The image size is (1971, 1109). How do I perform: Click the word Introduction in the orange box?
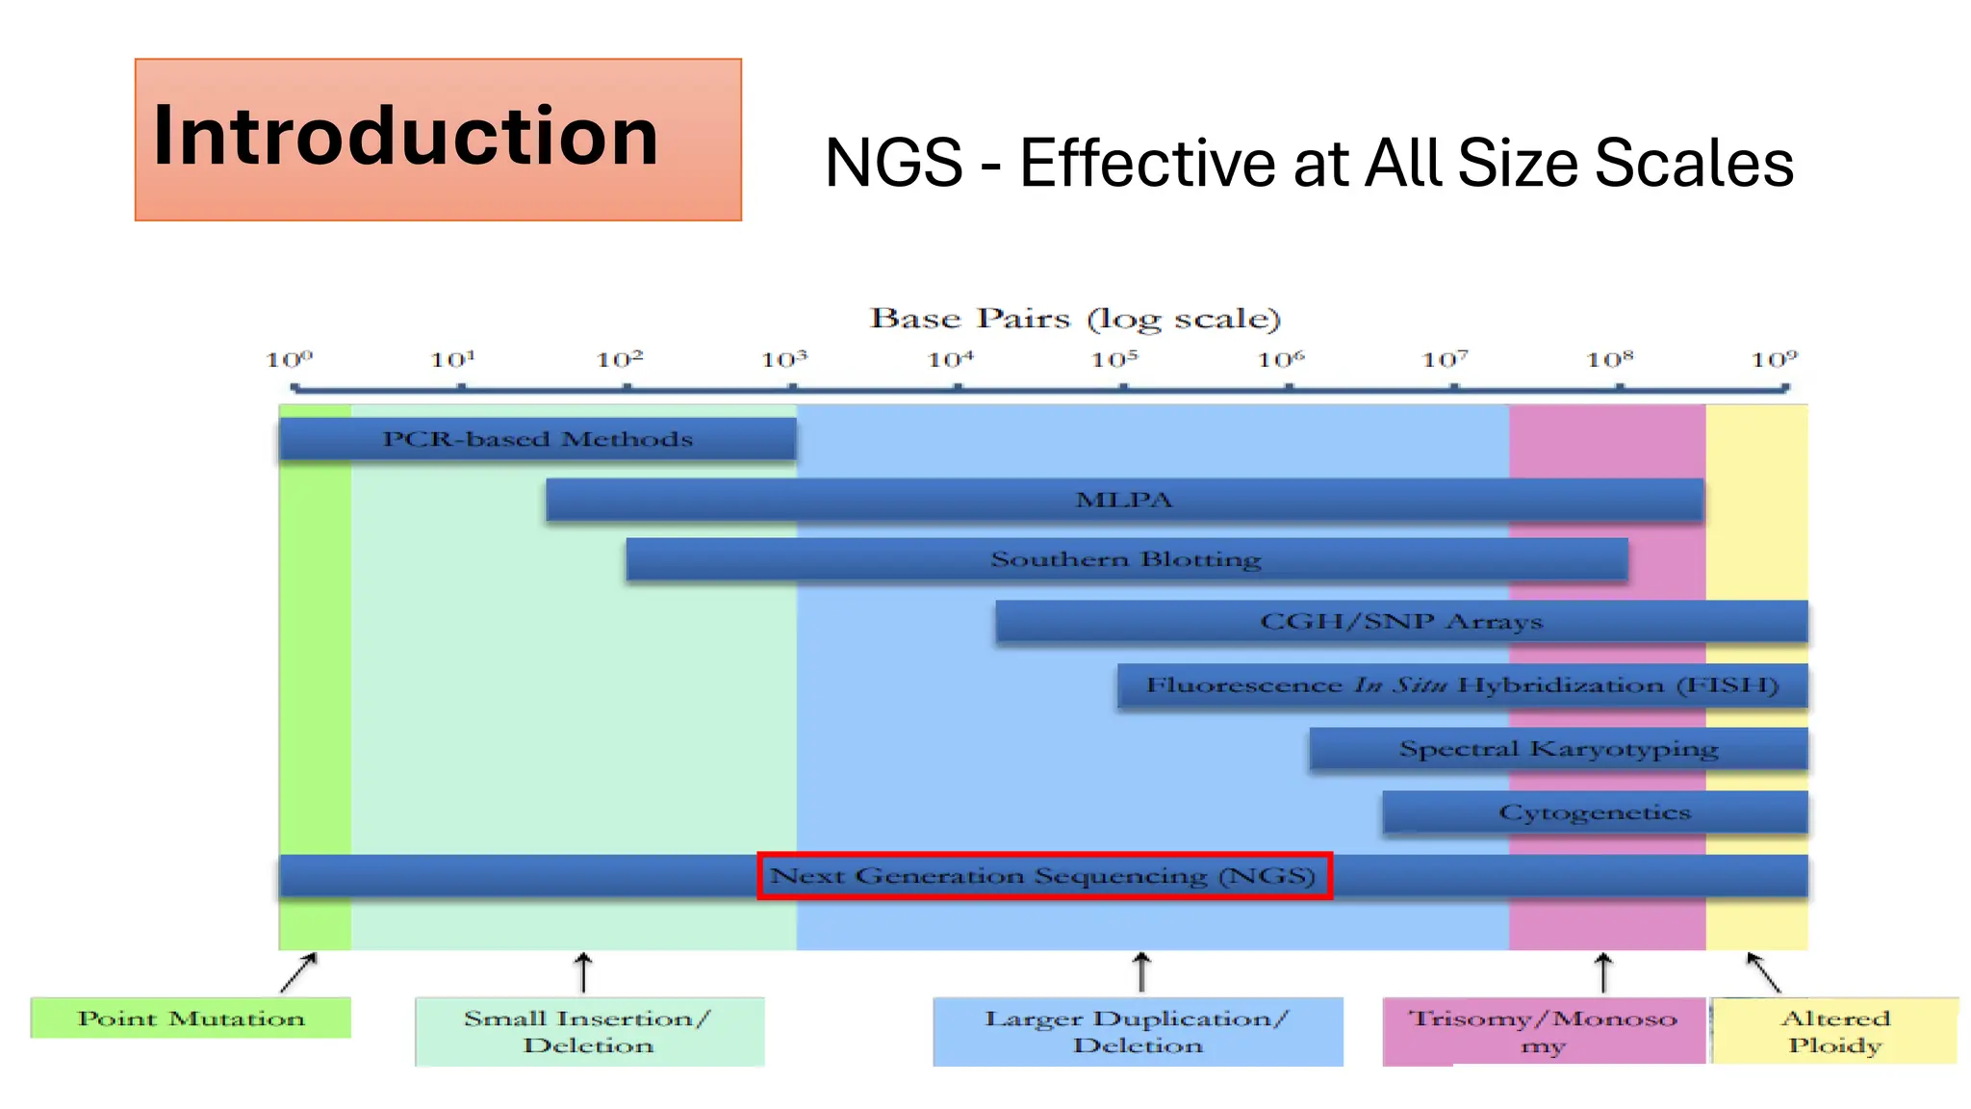point(405,136)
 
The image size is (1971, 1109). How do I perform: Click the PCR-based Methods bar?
point(537,439)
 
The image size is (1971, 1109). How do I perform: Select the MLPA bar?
point(1123,501)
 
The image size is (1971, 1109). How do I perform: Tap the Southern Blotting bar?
point(1126,559)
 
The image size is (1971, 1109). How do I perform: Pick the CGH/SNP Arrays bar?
point(1401,622)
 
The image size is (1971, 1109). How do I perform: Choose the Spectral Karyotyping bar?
point(1558,749)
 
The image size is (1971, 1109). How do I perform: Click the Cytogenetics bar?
point(1595,812)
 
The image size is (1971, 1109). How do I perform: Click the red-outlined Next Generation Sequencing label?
point(1044,876)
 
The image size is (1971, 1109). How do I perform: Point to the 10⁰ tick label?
point(289,360)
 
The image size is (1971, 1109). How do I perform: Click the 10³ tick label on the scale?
point(784,360)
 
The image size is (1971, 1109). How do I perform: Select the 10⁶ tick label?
point(1281,360)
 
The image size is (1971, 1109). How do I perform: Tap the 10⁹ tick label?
point(1774,360)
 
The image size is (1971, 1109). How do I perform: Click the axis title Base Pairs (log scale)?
point(1075,319)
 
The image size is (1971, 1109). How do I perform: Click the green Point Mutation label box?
point(191,1019)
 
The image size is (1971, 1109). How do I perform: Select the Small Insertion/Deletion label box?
point(589,1032)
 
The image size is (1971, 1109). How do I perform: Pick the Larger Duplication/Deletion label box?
point(1138,1032)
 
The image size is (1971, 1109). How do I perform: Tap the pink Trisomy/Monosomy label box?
point(1543,1032)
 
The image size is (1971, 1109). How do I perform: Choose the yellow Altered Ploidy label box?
point(1834,1032)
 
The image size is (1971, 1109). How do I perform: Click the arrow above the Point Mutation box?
point(298,972)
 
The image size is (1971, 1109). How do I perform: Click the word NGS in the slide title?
point(893,163)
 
